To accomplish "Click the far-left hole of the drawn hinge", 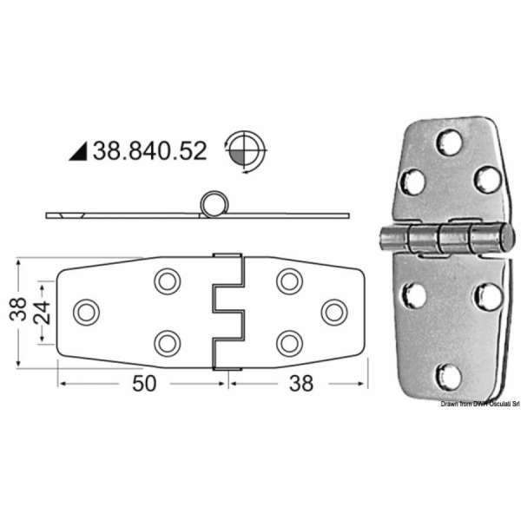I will [85, 311].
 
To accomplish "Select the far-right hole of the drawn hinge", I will [333, 311].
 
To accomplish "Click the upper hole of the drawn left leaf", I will [165, 280].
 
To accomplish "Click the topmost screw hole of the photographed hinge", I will [448, 142].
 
